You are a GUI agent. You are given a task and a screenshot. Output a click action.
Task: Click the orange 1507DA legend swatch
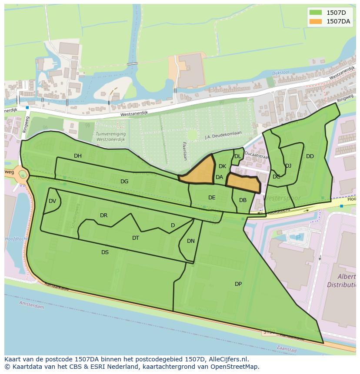tap(316, 21)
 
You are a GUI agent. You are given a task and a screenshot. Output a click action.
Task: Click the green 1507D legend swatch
tap(316, 13)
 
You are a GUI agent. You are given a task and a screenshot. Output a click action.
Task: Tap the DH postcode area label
tap(78, 156)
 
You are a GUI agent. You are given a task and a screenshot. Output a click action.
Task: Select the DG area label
tap(124, 182)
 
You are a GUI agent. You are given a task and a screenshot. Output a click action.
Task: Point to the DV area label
tap(53, 201)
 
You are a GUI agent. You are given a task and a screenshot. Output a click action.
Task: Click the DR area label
tap(103, 215)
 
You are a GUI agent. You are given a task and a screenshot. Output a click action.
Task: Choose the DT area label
tap(136, 238)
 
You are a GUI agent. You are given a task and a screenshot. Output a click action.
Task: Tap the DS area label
tap(105, 252)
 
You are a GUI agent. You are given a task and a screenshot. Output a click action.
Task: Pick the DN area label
tap(191, 241)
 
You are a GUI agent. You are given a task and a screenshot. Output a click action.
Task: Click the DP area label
tap(238, 284)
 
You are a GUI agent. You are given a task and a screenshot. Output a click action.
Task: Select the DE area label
tap(212, 198)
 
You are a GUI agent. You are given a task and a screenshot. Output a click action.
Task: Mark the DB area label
tap(243, 200)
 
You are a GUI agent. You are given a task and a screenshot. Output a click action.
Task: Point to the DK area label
tap(222, 166)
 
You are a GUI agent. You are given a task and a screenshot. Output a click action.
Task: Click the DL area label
tap(237, 156)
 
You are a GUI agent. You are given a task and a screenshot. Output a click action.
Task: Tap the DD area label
tap(310, 156)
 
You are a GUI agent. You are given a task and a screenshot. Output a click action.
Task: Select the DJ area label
tap(288, 166)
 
